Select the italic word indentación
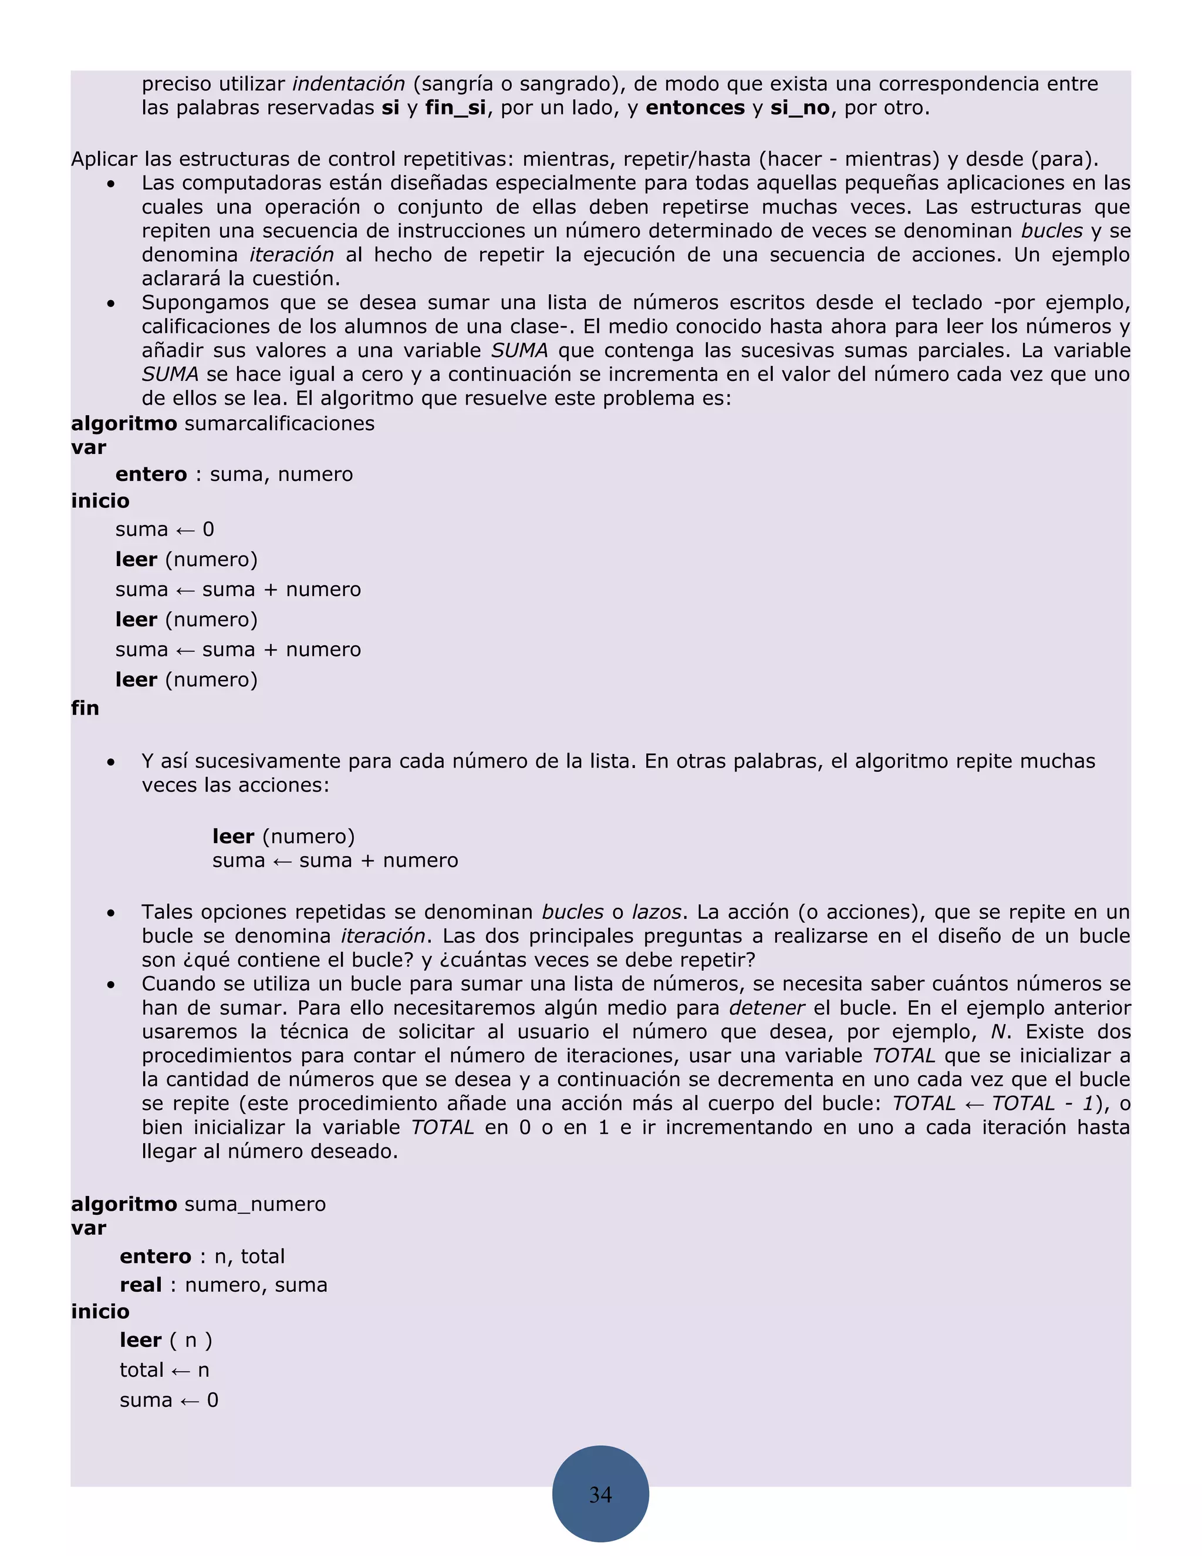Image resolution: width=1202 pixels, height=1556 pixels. pyautogui.click(x=348, y=84)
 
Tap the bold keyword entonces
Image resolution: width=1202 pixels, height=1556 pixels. pyautogui.click(x=695, y=108)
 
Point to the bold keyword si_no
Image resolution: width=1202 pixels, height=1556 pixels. pyautogui.click(x=800, y=108)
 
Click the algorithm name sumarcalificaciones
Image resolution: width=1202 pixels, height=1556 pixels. pyautogui.click(x=279, y=424)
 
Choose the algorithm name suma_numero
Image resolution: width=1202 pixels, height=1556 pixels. pyautogui.click(x=255, y=1205)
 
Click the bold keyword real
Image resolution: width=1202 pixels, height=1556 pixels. pyautogui.click(x=141, y=1285)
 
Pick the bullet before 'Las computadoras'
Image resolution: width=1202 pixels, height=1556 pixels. pyautogui.click(x=111, y=184)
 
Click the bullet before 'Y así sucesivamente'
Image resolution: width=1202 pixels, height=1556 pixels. pyautogui.click(x=111, y=762)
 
